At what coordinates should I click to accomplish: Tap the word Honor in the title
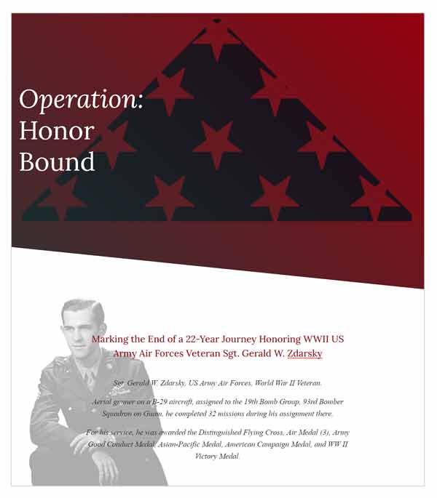(56, 131)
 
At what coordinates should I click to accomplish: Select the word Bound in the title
(57, 161)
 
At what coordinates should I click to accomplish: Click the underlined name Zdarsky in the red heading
(304, 354)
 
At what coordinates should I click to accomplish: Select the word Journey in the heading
(245, 340)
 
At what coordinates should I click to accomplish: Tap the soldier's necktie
(86, 378)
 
